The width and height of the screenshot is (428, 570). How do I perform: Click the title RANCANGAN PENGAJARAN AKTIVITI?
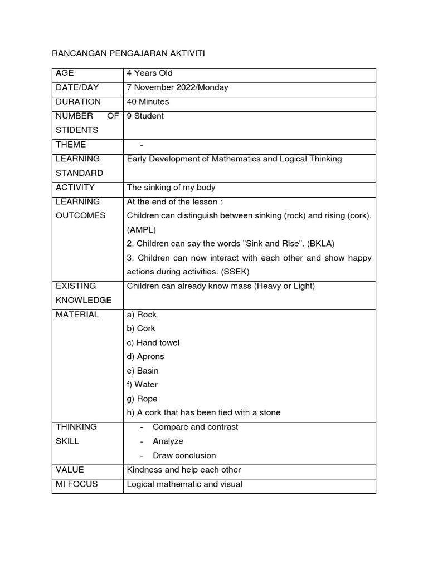pyautogui.click(x=129, y=53)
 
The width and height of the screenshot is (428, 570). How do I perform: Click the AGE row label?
pyautogui.click(x=65, y=73)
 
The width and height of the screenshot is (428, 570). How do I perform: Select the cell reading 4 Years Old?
pyautogui.click(x=150, y=73)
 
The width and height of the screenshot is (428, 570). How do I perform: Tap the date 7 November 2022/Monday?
pyautogui.click(x=177, y=87)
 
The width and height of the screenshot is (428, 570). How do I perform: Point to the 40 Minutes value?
pyautogui.click(x=148, y=102)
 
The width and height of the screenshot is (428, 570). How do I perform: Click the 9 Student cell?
pyautogui.click(x=145, y=116)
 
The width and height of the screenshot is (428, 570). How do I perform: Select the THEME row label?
pyautogui.click(x=71, y=144)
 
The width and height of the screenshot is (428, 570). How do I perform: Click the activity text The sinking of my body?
pyautogui.click(x=171, y=187)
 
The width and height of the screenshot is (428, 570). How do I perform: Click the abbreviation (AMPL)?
pyautogui.click(x=142, y=229)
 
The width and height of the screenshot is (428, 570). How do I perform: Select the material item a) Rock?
pyautogui.click(x=142, y=315)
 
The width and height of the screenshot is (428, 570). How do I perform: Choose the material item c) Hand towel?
pyautogui.click(x=153, y=342)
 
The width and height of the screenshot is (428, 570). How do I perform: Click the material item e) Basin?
pyautogui.click(x=143, y=371)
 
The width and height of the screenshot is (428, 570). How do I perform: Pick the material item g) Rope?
pyautogui.click(x=142, y=399)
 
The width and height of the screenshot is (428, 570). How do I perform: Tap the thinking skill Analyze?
pyautogui.click(x=168, y=441)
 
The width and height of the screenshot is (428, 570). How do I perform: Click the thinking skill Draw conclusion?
pyautogui.click(x=184, y=455)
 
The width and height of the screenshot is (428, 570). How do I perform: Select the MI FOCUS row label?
pyautogui.click(x=76, y=484)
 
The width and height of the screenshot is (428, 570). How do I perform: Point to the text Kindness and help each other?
pyautogui.click(x=183, y=470)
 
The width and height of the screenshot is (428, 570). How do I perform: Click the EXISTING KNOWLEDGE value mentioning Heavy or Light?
pyautogui.click(x=221, y=286)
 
